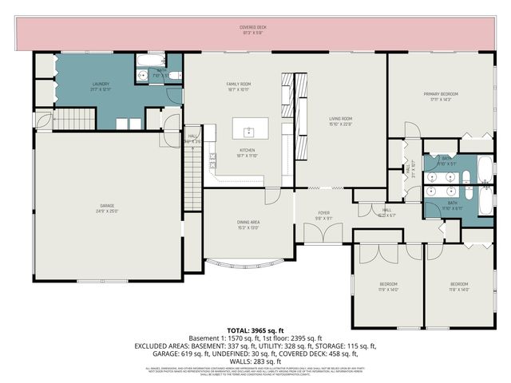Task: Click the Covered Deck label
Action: [x=253, y=27]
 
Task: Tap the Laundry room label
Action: [x=101, y=83]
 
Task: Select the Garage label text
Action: [x=106, y=207]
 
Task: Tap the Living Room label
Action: [x=341, y=119]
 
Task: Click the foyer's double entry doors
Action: [x=324, y=235]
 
